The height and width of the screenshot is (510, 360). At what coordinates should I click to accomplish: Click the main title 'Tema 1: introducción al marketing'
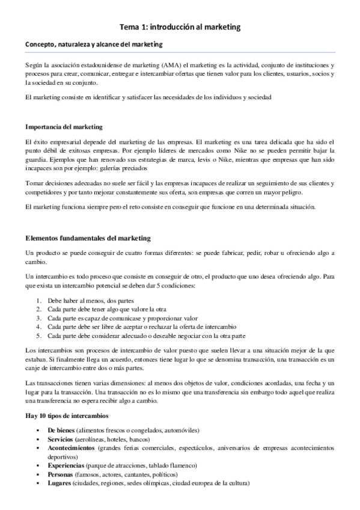tap(180, 26)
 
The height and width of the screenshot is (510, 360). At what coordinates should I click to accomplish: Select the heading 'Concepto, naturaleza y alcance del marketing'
tap(93, 45)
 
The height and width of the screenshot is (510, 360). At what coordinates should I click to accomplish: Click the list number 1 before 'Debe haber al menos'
tap(38, 301)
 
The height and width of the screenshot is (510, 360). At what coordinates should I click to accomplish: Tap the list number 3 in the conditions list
tap(38, 318)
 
